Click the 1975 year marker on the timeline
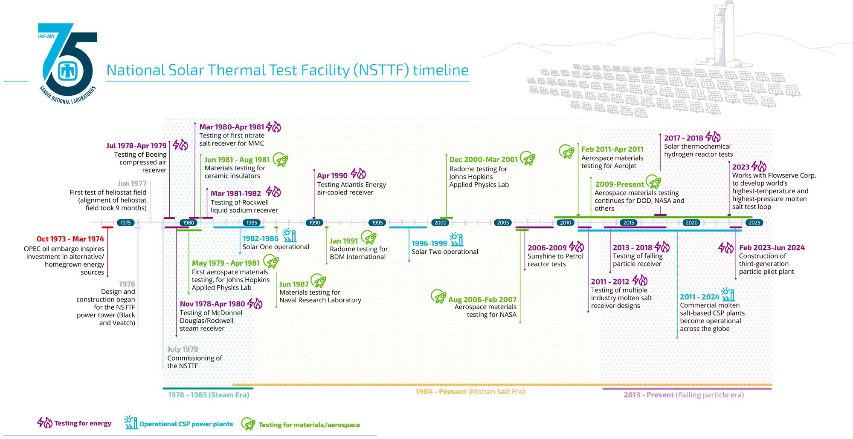(125, 223)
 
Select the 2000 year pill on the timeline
(440, 223)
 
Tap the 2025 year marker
(754, 223)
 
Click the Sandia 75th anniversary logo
(68, 64)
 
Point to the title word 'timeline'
(441, 70)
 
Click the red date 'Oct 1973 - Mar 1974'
(70, 239)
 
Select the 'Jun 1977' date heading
(132, 184)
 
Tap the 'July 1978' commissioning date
(183, 349)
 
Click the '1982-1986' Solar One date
(260, 239)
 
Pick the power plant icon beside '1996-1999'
(456, 240)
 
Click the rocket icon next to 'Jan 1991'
(368, 238)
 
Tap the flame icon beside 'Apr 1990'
(358, 174)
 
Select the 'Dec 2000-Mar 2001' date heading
(483, 160)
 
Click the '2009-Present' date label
(619, 184)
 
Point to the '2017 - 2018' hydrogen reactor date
(683, 138)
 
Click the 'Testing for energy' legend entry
(75, 423)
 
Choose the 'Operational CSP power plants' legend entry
(179, 424)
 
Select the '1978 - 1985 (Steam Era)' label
(209, 395)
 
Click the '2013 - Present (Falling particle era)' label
(684, 395)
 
